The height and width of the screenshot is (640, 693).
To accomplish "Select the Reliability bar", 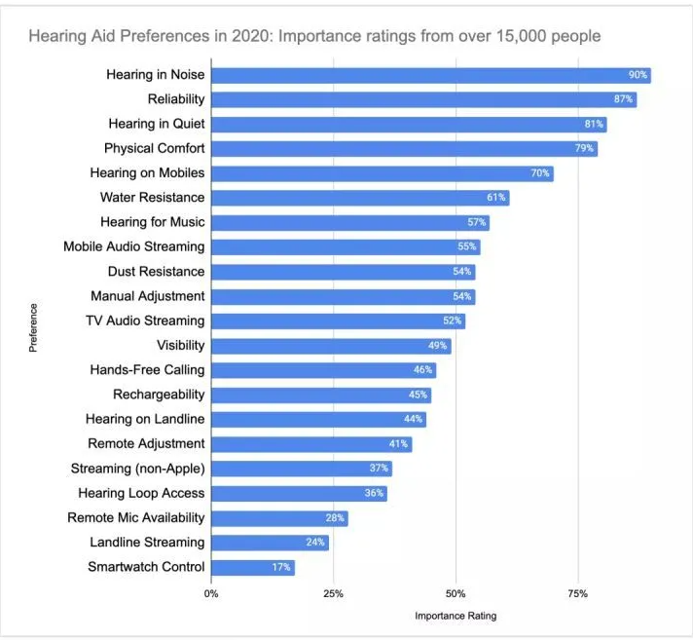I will pyautogui.click(x=423, y=99).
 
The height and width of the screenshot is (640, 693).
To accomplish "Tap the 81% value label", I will pyautogui.click(x=594, y=125).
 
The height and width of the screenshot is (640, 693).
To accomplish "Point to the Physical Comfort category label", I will pyautogui.click(x=155, y=148).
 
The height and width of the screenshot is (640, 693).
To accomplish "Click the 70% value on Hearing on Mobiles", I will pyautogui.click(x=540, y=173).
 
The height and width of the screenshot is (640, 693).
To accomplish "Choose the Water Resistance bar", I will pyautogui.click(x=359, y=198).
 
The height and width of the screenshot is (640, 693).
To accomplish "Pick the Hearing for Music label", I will pyautogui.click(x=153, y=222).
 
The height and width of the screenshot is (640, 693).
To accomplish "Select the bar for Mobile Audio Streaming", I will pyautogui.click(x=345, y=247).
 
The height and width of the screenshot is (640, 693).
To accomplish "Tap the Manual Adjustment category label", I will pyautogui.click(x=148, y=295).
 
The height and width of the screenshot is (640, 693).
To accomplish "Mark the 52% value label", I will pyautogui.click(x=453, y=320).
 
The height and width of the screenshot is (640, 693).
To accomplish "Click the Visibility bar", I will pyautogui.click(x=331, y=346).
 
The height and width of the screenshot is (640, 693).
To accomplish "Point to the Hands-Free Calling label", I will pyautogui.click(x=148, y=370).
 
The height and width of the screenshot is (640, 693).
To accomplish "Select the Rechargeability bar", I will pyautogui.click(x=321, y=395).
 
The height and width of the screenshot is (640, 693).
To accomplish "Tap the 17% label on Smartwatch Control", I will pyautogui.click(x=281, y=567).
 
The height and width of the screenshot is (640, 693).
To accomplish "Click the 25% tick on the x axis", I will pyautogui.click(x=333, y=592).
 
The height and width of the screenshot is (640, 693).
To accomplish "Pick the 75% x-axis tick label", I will pyautogui.click(x=577, y=592).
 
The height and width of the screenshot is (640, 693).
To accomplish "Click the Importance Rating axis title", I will pyautogui.click(x=456, y=616).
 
